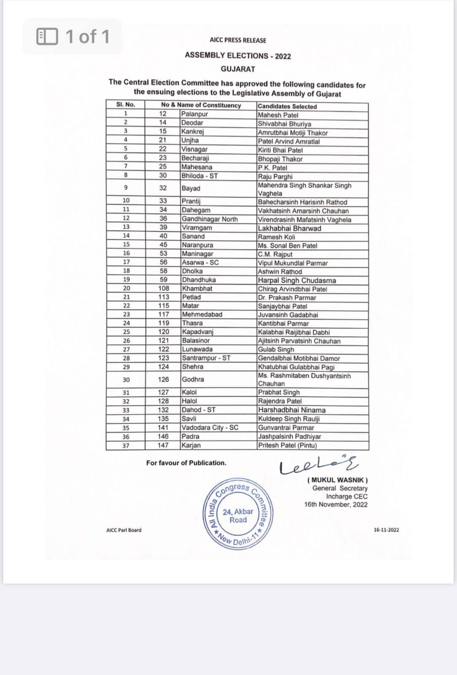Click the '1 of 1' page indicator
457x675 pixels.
pos(73,37)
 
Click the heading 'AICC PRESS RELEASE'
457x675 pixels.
pos(238,40)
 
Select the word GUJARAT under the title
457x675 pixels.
pos(238,69)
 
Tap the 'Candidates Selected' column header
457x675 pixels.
pos(287,106)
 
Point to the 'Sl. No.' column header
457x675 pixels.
pos(126,105)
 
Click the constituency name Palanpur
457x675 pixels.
pos(194,114)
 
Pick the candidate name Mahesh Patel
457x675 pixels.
pos(278,115)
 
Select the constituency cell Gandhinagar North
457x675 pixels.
pos(210,219)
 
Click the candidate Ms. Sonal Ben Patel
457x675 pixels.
pos(288,246)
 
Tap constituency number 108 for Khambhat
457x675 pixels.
pos(164,289)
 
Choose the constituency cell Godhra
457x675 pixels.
pos(193,379)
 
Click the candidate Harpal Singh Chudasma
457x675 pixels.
pos(297,280)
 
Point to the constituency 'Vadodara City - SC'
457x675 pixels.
pos(210,427)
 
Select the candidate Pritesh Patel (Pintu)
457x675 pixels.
pos(287,445)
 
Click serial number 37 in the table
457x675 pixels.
pos(126,445)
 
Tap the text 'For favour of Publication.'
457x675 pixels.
pos(186,463)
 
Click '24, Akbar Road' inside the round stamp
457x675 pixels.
pos(238,516)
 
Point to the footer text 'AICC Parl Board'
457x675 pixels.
pos(124,530)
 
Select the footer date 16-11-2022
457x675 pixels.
pos(386,530)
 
